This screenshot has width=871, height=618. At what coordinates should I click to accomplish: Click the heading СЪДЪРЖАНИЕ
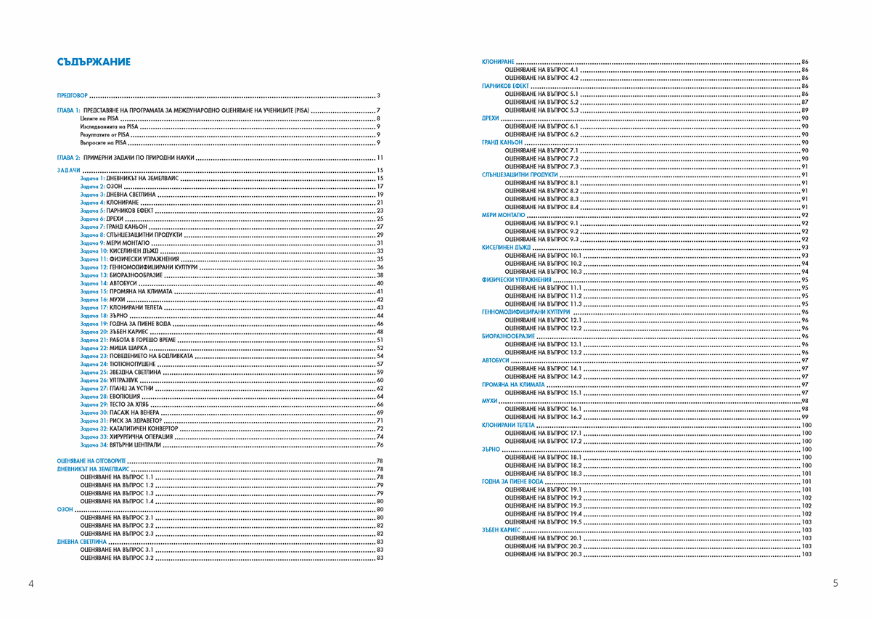pos(94,62)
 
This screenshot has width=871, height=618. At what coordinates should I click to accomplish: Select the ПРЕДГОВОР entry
pos(72,96)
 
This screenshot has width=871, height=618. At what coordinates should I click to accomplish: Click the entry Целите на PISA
pos(99,118)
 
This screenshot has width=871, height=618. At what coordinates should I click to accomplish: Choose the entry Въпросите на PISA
pos(104,142)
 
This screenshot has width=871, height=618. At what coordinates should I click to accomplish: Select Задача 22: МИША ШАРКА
pos(113,348)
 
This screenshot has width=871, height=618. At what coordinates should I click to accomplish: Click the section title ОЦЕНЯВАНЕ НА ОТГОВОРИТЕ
pos(91,461)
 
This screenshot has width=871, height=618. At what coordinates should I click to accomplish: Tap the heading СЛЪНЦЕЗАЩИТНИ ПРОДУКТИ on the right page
pos(520,175)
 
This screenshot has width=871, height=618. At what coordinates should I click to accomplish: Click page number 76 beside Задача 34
pos(380,444)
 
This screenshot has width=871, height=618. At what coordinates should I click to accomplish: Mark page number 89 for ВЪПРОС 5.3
pos(805,110)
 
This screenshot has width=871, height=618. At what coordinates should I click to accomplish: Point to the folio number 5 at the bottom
pos(836,583)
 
